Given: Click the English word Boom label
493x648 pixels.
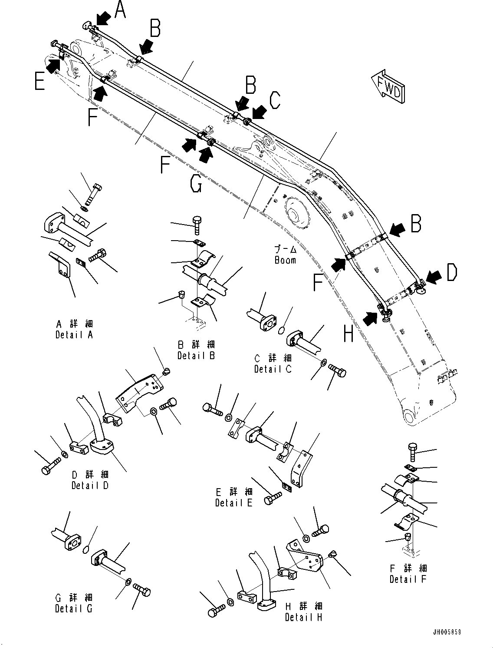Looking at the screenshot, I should [x=285, y=260].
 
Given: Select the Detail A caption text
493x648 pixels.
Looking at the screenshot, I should [x=74, y=335].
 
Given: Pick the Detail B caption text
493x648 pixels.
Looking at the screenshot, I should [x=196, y=355].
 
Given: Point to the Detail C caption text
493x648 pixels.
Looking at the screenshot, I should [x=273, y=369].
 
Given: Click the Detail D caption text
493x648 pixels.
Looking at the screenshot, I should [x=90, y=485].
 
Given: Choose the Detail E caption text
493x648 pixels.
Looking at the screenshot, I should [x=233, y=503].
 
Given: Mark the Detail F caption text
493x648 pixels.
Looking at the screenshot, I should [x=408, y=579].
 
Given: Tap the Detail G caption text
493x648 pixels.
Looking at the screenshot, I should [x=74, y=608].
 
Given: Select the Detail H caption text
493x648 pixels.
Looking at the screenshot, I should [x=304, y=617].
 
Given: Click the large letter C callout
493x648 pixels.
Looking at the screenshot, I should [x=274, y=100].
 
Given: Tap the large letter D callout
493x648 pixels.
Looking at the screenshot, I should [x=451, y=273].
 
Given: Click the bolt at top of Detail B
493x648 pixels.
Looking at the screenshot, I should [x=196, y=225].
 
